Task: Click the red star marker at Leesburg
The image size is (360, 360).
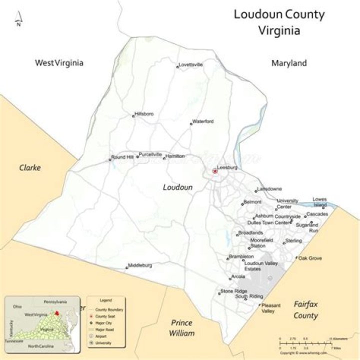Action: tap(215, 171)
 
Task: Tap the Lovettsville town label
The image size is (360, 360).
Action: tap(191, 64)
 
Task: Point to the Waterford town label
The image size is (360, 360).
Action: tap(203, 121)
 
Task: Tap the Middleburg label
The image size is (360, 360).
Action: tap(140, 265)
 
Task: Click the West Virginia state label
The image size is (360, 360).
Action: tap(58, 63)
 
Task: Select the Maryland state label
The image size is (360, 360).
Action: tap(289, 63)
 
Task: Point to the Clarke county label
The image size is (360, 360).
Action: tap(29, 167)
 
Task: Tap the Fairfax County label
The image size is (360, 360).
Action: tap(305, 309)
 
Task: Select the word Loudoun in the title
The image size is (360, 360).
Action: tap(257, 14)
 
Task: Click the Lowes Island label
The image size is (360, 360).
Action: tap(319, 202)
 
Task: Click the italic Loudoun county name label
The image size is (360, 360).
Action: tap(177, 187)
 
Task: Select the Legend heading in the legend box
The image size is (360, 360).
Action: tap(105, 300)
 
